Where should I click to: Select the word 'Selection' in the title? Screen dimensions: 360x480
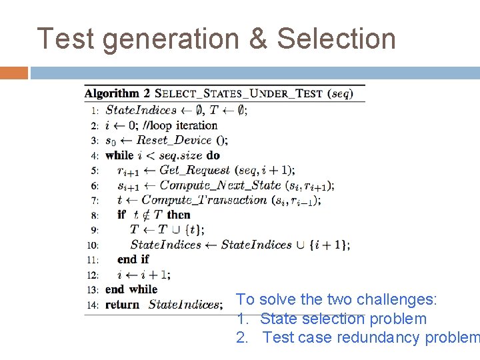(336, 39)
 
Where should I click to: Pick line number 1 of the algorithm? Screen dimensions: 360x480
(95, 111)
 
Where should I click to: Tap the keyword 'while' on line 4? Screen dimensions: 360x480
(119, 155)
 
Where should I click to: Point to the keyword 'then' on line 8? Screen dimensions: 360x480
(179, 215)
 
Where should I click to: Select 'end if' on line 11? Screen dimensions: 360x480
(133, 259)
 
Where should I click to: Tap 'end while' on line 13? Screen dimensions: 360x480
(131, 289)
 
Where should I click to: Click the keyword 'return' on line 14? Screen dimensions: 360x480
(122, 305)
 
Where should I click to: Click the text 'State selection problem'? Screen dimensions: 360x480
(343, 319)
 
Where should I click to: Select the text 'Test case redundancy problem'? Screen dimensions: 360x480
(371, 337)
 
